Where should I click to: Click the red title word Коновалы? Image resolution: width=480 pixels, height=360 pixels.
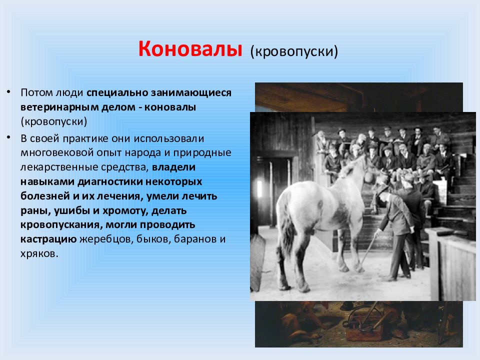coord(190,49)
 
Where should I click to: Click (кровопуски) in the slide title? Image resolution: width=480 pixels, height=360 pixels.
coord(294,51)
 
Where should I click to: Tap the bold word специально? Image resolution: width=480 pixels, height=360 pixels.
coord(117,93)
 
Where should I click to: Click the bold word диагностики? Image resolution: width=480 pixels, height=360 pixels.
coord(110,182)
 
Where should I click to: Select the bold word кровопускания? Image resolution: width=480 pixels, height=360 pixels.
coord(61,225)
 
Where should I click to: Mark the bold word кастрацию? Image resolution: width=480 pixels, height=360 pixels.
coord(48,239)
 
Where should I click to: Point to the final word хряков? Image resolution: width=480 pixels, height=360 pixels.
coord(39,254)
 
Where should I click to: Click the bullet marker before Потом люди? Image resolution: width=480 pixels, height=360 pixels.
coord(9,91)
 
